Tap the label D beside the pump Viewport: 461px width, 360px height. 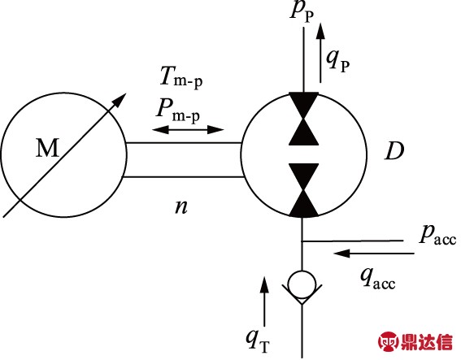(396, 151)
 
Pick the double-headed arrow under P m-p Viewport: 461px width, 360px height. (188, 129)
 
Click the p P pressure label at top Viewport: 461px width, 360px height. (305, 11)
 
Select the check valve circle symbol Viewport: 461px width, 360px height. (303, 284)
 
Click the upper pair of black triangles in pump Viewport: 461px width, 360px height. (303, 118)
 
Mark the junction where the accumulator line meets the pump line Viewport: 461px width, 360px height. (303, 241)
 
